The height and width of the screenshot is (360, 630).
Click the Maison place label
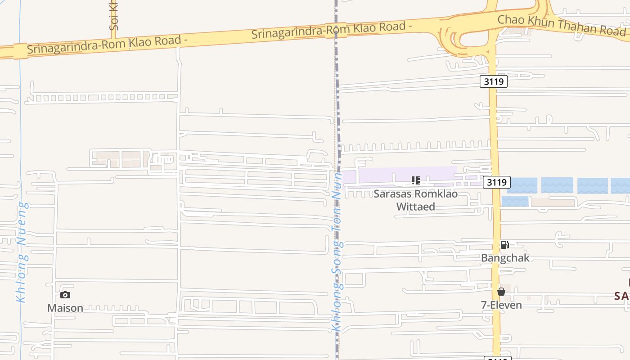(65, 308)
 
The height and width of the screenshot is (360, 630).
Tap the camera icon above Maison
(65, 295)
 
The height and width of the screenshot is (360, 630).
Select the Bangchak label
(505, 258)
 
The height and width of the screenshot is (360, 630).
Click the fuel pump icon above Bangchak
(504, 245)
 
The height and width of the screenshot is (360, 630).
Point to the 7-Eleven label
(501, 305)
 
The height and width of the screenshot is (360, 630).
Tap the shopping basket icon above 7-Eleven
(501, 292)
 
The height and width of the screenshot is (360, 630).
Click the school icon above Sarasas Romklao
(415, 180)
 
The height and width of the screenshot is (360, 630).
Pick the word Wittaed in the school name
(415, 207)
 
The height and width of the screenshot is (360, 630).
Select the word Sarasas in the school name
(392, 194)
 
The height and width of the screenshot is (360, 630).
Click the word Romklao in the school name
(436, 194)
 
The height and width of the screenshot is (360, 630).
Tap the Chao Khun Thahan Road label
(561, 25)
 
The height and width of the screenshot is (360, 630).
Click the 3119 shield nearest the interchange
(494, 81)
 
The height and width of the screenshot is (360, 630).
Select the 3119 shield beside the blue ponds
(497, 182)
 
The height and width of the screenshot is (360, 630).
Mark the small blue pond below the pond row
(515, 201)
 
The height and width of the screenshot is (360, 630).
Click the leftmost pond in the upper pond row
(522, 185)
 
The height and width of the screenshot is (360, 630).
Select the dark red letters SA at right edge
(622, 296)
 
